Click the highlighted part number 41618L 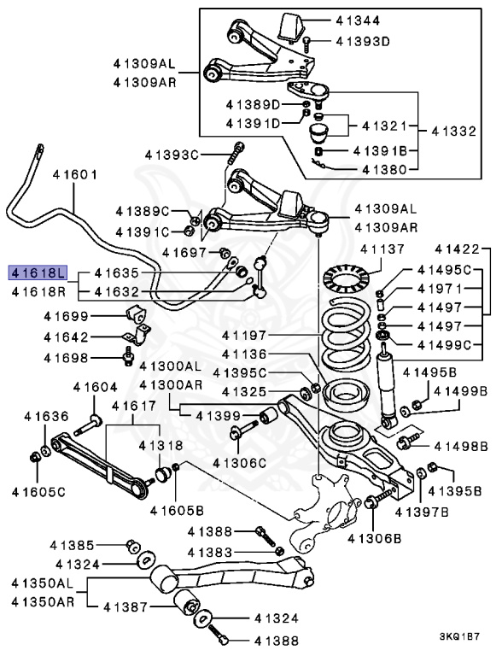pos(38,273)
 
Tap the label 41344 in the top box pos(358,20)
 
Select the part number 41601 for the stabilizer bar pos(75,174)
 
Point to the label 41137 pos(382,249)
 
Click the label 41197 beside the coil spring pos(244,335)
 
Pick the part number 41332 pos(454,132)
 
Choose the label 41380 pos(384,169)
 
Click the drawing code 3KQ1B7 pos(459,636)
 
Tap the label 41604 pos(96,388)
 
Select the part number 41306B pos(375,538)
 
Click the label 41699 pos(66,316)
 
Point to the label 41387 pos(125,606)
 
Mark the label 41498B pos(461,447)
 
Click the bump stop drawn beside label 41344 pos(292,27)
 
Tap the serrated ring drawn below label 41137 pos(346,278)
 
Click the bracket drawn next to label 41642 pos(136,334)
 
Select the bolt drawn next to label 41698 pos(128,356)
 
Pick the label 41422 pos(457,249)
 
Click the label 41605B pos(177,511)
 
